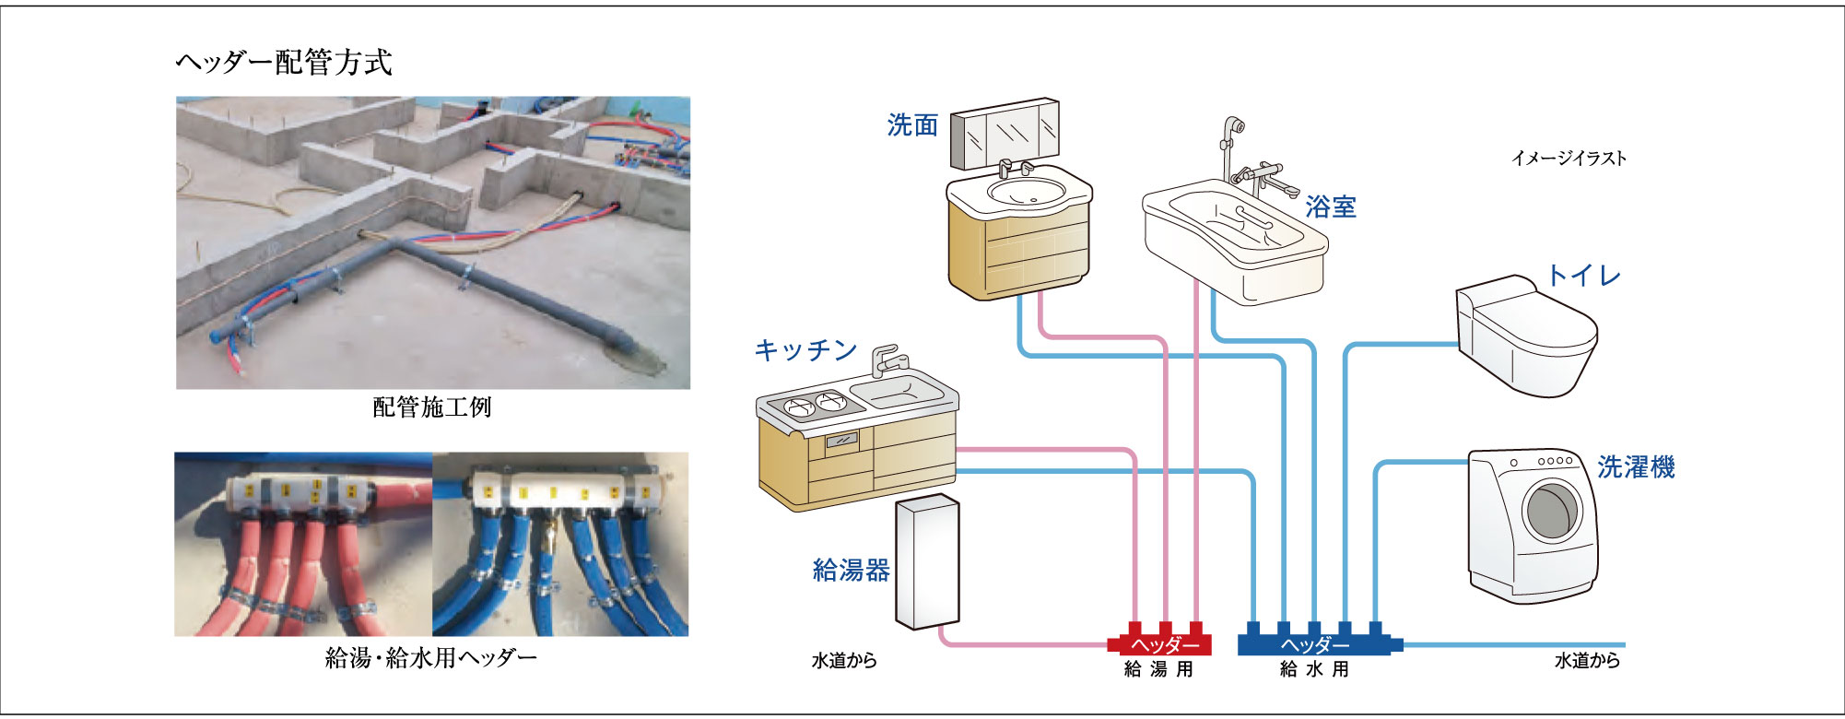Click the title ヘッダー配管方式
click(284, 63)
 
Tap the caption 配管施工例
click(432, 407)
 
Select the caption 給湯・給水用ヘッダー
click(431, 658)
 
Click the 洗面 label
click(912, 125)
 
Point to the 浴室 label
click(1331, 206)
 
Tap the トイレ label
click(1583, 276)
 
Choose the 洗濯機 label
click(1636, 467)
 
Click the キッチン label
click(806, 350)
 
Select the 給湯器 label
click(851, 571)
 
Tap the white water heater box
click(927, 562)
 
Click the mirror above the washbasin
click(1005, 134)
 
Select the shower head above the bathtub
click(1233, 127)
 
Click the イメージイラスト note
click(1569, 159)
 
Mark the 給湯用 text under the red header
click(1159, 670)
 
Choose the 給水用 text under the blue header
click(1315, 670)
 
